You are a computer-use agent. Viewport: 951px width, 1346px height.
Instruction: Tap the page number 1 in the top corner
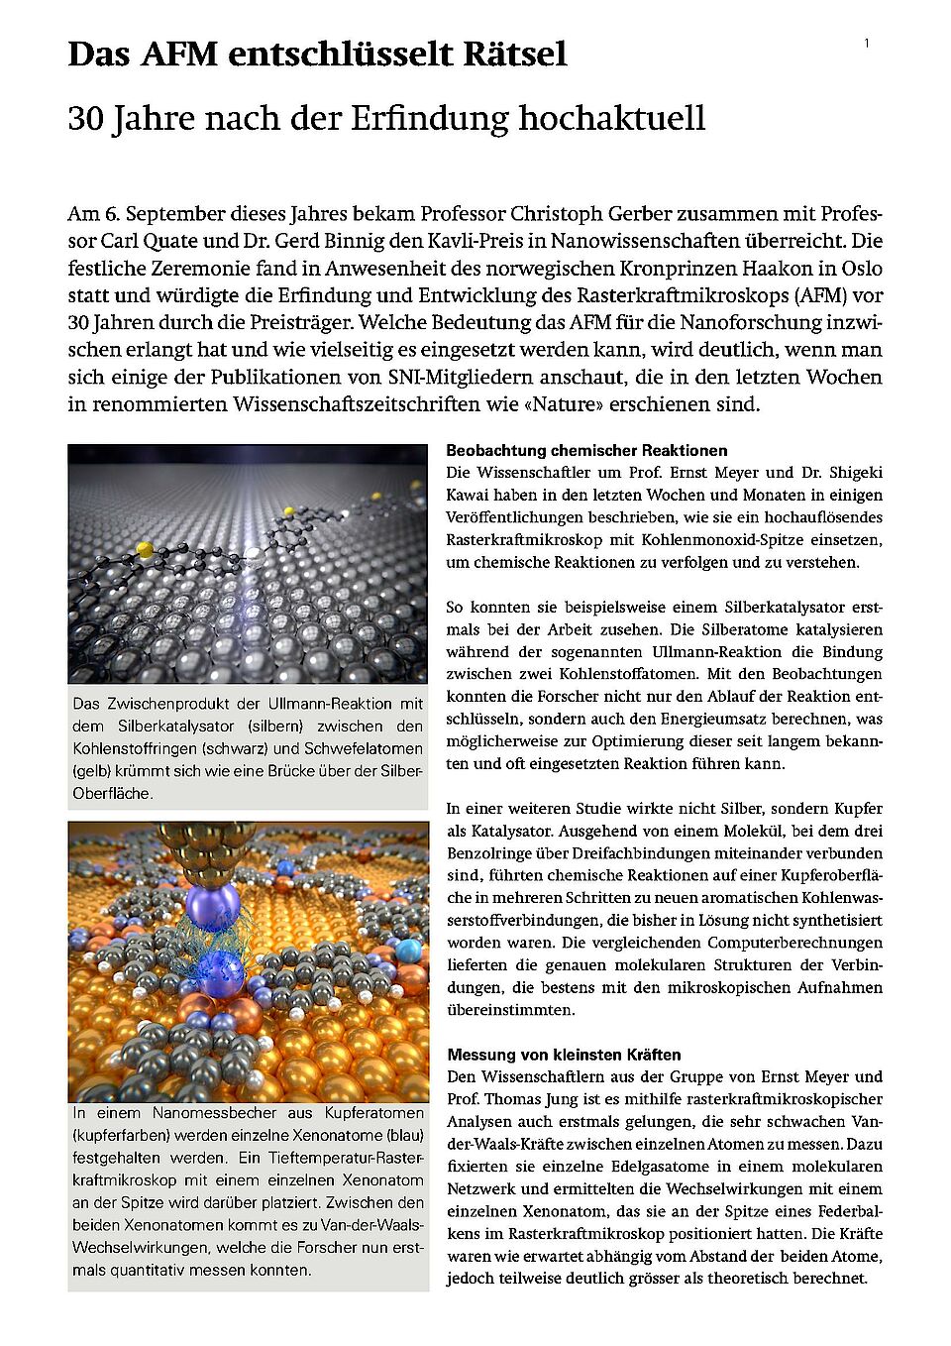[x=867, y=43]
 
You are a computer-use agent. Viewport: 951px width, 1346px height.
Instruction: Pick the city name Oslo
[x=861, y=269]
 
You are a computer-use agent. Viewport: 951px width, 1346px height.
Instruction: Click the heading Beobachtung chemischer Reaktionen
[x=586, y=450]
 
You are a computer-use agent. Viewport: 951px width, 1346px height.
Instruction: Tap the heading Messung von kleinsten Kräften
[x=564, y=1055]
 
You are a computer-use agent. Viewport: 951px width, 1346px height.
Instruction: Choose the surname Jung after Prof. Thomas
[x=561, y=1099]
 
